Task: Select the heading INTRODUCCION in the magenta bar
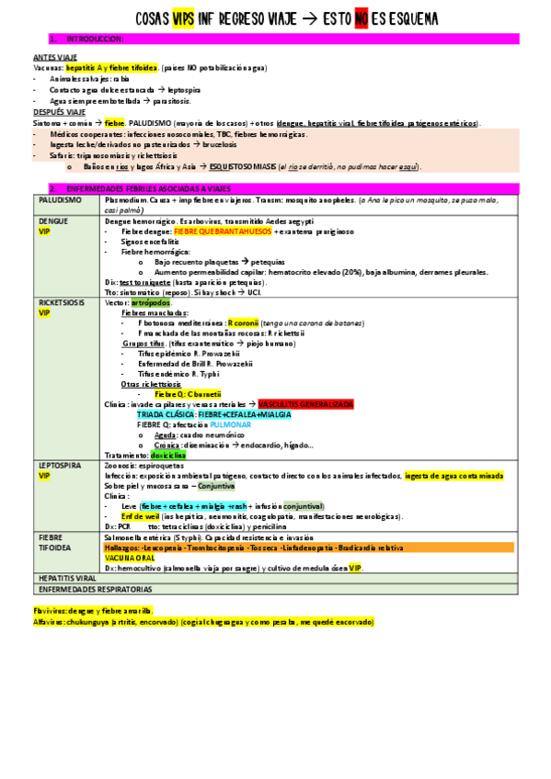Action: (95, 39)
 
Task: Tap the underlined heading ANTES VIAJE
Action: (53, 57)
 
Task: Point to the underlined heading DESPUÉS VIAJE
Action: (58, 113)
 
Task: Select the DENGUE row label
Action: (53, 221)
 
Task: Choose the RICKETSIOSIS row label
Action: (63, 301)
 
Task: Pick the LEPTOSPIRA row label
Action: (61, 466)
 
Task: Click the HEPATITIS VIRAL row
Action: (68, 577)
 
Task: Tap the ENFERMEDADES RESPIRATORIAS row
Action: (95, 588)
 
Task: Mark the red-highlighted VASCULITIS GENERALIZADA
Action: (306, 404)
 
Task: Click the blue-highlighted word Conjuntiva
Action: (241, 486)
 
